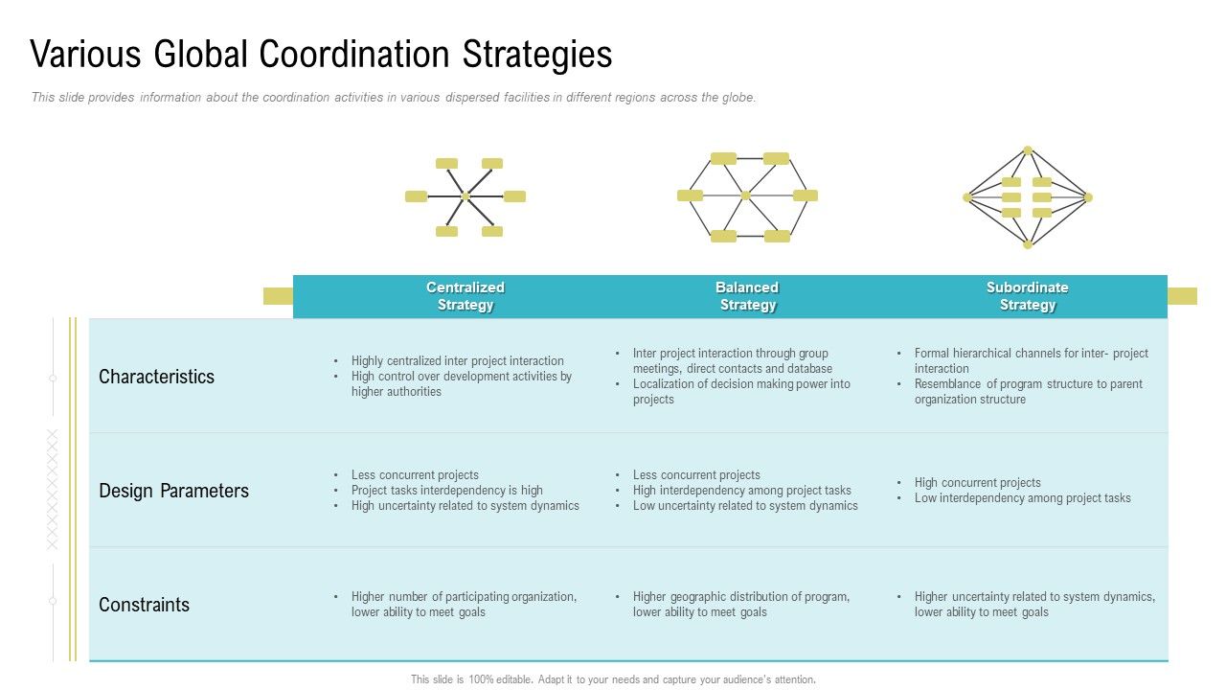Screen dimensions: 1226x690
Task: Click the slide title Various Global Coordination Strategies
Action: click(321, 55)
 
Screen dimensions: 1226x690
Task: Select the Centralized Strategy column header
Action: click(465, 296)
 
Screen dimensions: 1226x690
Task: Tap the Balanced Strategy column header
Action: click(747, 296)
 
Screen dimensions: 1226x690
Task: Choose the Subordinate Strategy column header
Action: click(1027, 296)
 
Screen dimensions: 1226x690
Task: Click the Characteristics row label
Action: click(156, 377)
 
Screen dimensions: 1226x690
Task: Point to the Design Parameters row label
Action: click(173, 491)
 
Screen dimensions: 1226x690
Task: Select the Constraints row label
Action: click(144, 605)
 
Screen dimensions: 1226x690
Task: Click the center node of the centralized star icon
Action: click(465, 196)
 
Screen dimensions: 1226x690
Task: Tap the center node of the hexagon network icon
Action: click(746, 195)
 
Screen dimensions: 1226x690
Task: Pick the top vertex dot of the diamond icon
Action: click(1028, 150)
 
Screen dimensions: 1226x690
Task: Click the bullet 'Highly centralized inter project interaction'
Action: click(457, 361)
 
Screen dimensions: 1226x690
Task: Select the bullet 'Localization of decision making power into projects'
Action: click(740, 392)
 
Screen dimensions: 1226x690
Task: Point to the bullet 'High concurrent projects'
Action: click(977, 483)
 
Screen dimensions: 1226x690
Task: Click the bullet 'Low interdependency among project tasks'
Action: click(1022, 498)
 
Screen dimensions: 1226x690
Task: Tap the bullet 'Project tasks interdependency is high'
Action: click(446, 491)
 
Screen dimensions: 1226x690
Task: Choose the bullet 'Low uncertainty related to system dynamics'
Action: click(744, 506)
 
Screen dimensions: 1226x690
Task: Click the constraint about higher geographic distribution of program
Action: click(740, 605)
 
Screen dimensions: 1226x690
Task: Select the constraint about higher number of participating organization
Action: click(464, 605)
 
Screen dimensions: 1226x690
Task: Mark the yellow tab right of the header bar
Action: click(1182, 296)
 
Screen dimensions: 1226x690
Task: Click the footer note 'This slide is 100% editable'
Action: click(613, 679)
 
